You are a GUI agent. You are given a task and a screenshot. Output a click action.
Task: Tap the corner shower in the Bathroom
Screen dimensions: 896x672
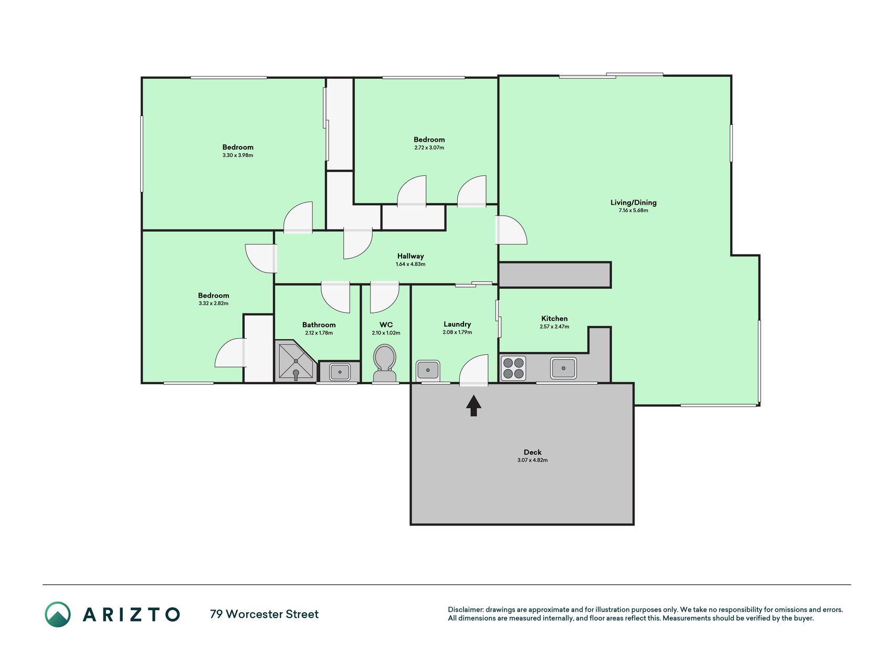click(x=296, y=361)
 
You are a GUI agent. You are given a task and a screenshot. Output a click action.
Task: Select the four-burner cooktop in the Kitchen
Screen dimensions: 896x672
click(x=513, y=368)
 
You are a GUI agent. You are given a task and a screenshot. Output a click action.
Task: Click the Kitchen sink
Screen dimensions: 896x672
click(x=563, y=368)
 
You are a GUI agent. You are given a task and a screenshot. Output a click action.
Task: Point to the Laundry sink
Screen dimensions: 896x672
click(x=428, y=371)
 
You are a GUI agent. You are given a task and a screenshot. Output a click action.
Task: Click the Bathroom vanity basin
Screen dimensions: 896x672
click(x=340, y=372)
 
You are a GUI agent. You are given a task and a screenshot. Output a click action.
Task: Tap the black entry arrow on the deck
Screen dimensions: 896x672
click(x=473, y=405)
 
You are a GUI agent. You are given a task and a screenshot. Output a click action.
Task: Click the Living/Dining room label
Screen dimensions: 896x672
click(x=633, y=203)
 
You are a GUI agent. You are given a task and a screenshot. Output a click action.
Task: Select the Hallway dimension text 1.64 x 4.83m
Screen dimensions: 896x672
click(x=410, y=264)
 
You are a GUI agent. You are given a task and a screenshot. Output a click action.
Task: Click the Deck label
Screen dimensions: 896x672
click(x=532, y=452)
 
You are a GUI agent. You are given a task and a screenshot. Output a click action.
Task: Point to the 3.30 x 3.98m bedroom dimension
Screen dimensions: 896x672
click(x=238, y=155)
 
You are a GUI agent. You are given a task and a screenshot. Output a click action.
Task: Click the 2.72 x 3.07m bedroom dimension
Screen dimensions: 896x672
click(x=429, y=148)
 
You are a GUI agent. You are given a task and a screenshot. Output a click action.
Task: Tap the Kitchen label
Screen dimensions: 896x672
click(x=554, y=319)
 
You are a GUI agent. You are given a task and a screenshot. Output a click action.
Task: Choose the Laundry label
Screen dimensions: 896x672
click(x=457, y=324)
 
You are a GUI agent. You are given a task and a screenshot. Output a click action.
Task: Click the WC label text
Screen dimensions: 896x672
click(x=386, y=325)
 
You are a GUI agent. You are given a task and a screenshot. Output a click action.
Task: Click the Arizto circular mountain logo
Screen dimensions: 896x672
click(x=58, y=614)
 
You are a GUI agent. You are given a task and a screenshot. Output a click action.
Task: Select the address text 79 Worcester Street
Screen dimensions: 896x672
click(x=264, y=614)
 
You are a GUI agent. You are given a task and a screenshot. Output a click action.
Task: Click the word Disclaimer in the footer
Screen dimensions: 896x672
click(x=465, y=610)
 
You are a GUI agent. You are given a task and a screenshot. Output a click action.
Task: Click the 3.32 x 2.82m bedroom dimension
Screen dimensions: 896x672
click(x=213, y=303)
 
